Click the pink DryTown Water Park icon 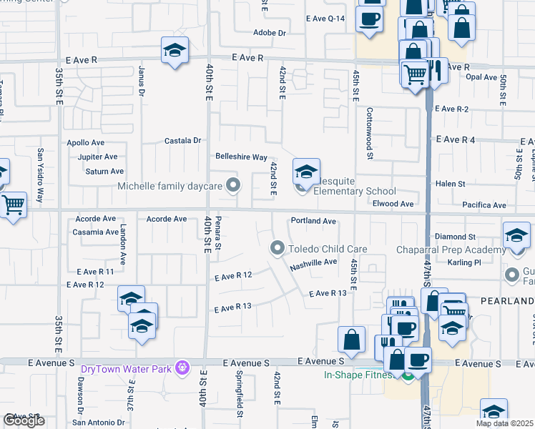[x=184, y=367]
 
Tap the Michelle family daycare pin [x=232, y=186]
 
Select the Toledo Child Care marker [x=278, y=248]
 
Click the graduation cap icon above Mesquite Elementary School [x=306, y=172]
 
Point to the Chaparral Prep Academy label [x=451, y=250]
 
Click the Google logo [x=24, y=420]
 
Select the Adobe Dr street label [x=270, y=33]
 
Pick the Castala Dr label [x=182, y=141]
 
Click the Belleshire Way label [x=242, y=157]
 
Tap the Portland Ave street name [x=313, y=222]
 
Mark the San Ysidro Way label [x=41, y=175]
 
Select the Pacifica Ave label [x=484, y=205]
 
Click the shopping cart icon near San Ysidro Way [x=13, y=205]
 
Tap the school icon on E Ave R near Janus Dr [x=175, y=51]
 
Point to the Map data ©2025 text [x=504, y=423]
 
